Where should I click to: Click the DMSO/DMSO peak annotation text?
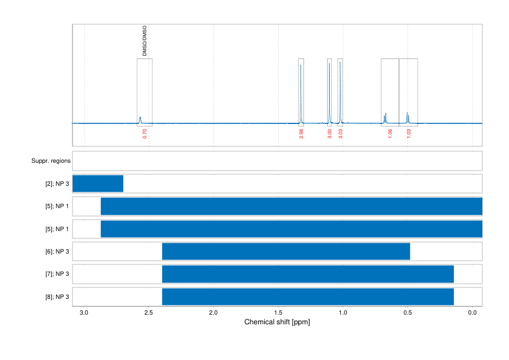[x=144, y=41]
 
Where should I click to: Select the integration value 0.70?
[x=144, y=134]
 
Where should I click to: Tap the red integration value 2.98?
[x=301, y=134]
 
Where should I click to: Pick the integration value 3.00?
[x=329, y=134]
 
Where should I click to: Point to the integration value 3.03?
[x=340, y=134]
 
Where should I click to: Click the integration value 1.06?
[x=390, y=134]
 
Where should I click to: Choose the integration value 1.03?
[x=409, y=134]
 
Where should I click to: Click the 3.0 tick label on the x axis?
[x=84, y=313]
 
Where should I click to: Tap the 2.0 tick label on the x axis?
[x=213, y=313]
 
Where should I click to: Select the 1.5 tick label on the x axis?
[x=278, y=313]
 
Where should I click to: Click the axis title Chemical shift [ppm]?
[x=277, y=322]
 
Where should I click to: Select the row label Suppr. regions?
[x=51, y=161]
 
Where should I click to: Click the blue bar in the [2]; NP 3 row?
[x=98, y=183]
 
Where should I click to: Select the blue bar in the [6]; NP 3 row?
[x=286, y=251]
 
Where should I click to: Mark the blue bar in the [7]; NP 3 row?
[x=308, y=274]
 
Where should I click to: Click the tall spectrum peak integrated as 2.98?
[x=301, y=91]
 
